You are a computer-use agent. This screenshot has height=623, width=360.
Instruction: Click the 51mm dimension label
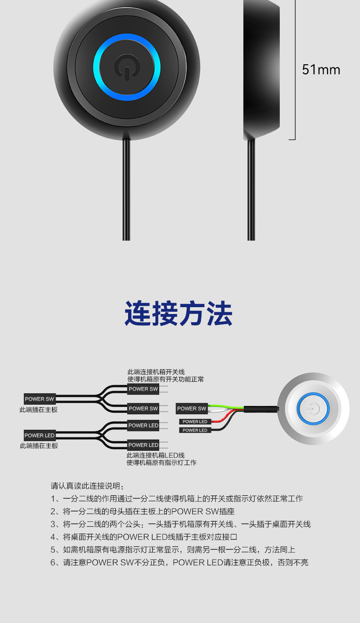tap(321, 70)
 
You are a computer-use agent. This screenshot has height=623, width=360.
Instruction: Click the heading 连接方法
tap(179, 313)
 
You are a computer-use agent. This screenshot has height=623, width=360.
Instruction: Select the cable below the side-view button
tap(251, 191)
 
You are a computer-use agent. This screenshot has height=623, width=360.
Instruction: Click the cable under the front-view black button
tap(126, 191)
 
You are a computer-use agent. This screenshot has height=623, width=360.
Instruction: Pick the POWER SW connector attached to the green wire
tap(192, 408)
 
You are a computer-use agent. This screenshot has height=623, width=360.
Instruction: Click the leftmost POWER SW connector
tap(39, 399)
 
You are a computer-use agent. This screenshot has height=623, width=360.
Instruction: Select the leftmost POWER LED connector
tap(39, 435)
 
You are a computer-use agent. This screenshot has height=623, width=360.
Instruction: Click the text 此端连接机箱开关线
tap(156, 372)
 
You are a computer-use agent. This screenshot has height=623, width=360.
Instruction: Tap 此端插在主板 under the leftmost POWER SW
tap(39, 410)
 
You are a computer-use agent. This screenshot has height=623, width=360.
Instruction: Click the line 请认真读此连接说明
tap(87, 485)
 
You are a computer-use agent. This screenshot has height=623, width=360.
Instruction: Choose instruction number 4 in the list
tap(144, 537)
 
